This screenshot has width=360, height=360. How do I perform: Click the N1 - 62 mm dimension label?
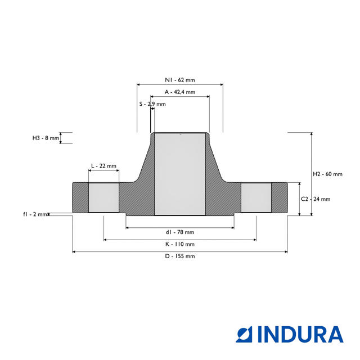coord(179,80)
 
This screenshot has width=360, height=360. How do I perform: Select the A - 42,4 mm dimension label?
coord(179,92)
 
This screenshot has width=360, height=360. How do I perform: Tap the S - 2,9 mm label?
coord(152,104)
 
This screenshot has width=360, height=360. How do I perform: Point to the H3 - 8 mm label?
coord(46,138)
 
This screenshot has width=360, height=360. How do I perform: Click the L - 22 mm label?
coord(103,166)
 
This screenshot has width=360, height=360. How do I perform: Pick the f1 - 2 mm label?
coord(35,214)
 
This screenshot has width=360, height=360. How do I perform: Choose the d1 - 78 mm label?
coord(179,232)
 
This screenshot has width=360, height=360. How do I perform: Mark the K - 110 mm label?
coord(179,244)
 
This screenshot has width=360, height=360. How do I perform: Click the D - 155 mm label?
coord(179,256)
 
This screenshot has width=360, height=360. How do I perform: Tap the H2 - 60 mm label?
coord(327,174)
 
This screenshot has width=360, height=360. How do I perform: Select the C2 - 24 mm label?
coord(316,199)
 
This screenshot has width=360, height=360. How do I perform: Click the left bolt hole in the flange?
coord(103,197)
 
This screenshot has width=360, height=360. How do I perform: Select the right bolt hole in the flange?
coord(256,197)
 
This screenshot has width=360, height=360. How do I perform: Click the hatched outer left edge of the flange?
coord(80,197)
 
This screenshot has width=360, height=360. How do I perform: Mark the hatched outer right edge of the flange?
coord(280,197)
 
